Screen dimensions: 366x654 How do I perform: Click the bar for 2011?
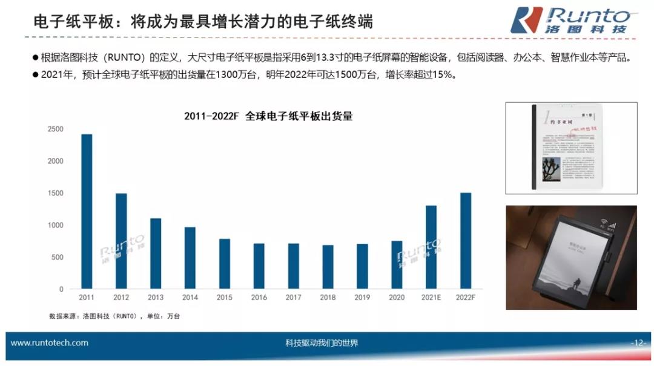coord(87,212)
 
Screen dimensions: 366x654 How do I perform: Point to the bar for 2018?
coord(328,267)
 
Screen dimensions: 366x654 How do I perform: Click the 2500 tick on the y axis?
coord(56,129)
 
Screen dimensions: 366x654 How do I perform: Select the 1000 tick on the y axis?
coord(56,225)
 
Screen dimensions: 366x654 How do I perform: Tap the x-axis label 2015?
coord(224,298)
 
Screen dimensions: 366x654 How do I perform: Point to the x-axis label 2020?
coord(397,298)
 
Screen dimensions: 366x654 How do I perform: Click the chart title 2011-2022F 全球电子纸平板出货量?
coord(268,116)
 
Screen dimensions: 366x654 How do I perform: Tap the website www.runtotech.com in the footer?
coord(50,343)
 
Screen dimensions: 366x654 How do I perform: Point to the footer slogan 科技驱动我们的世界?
coord(322,343)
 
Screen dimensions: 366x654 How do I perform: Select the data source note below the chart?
coord(114,316)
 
